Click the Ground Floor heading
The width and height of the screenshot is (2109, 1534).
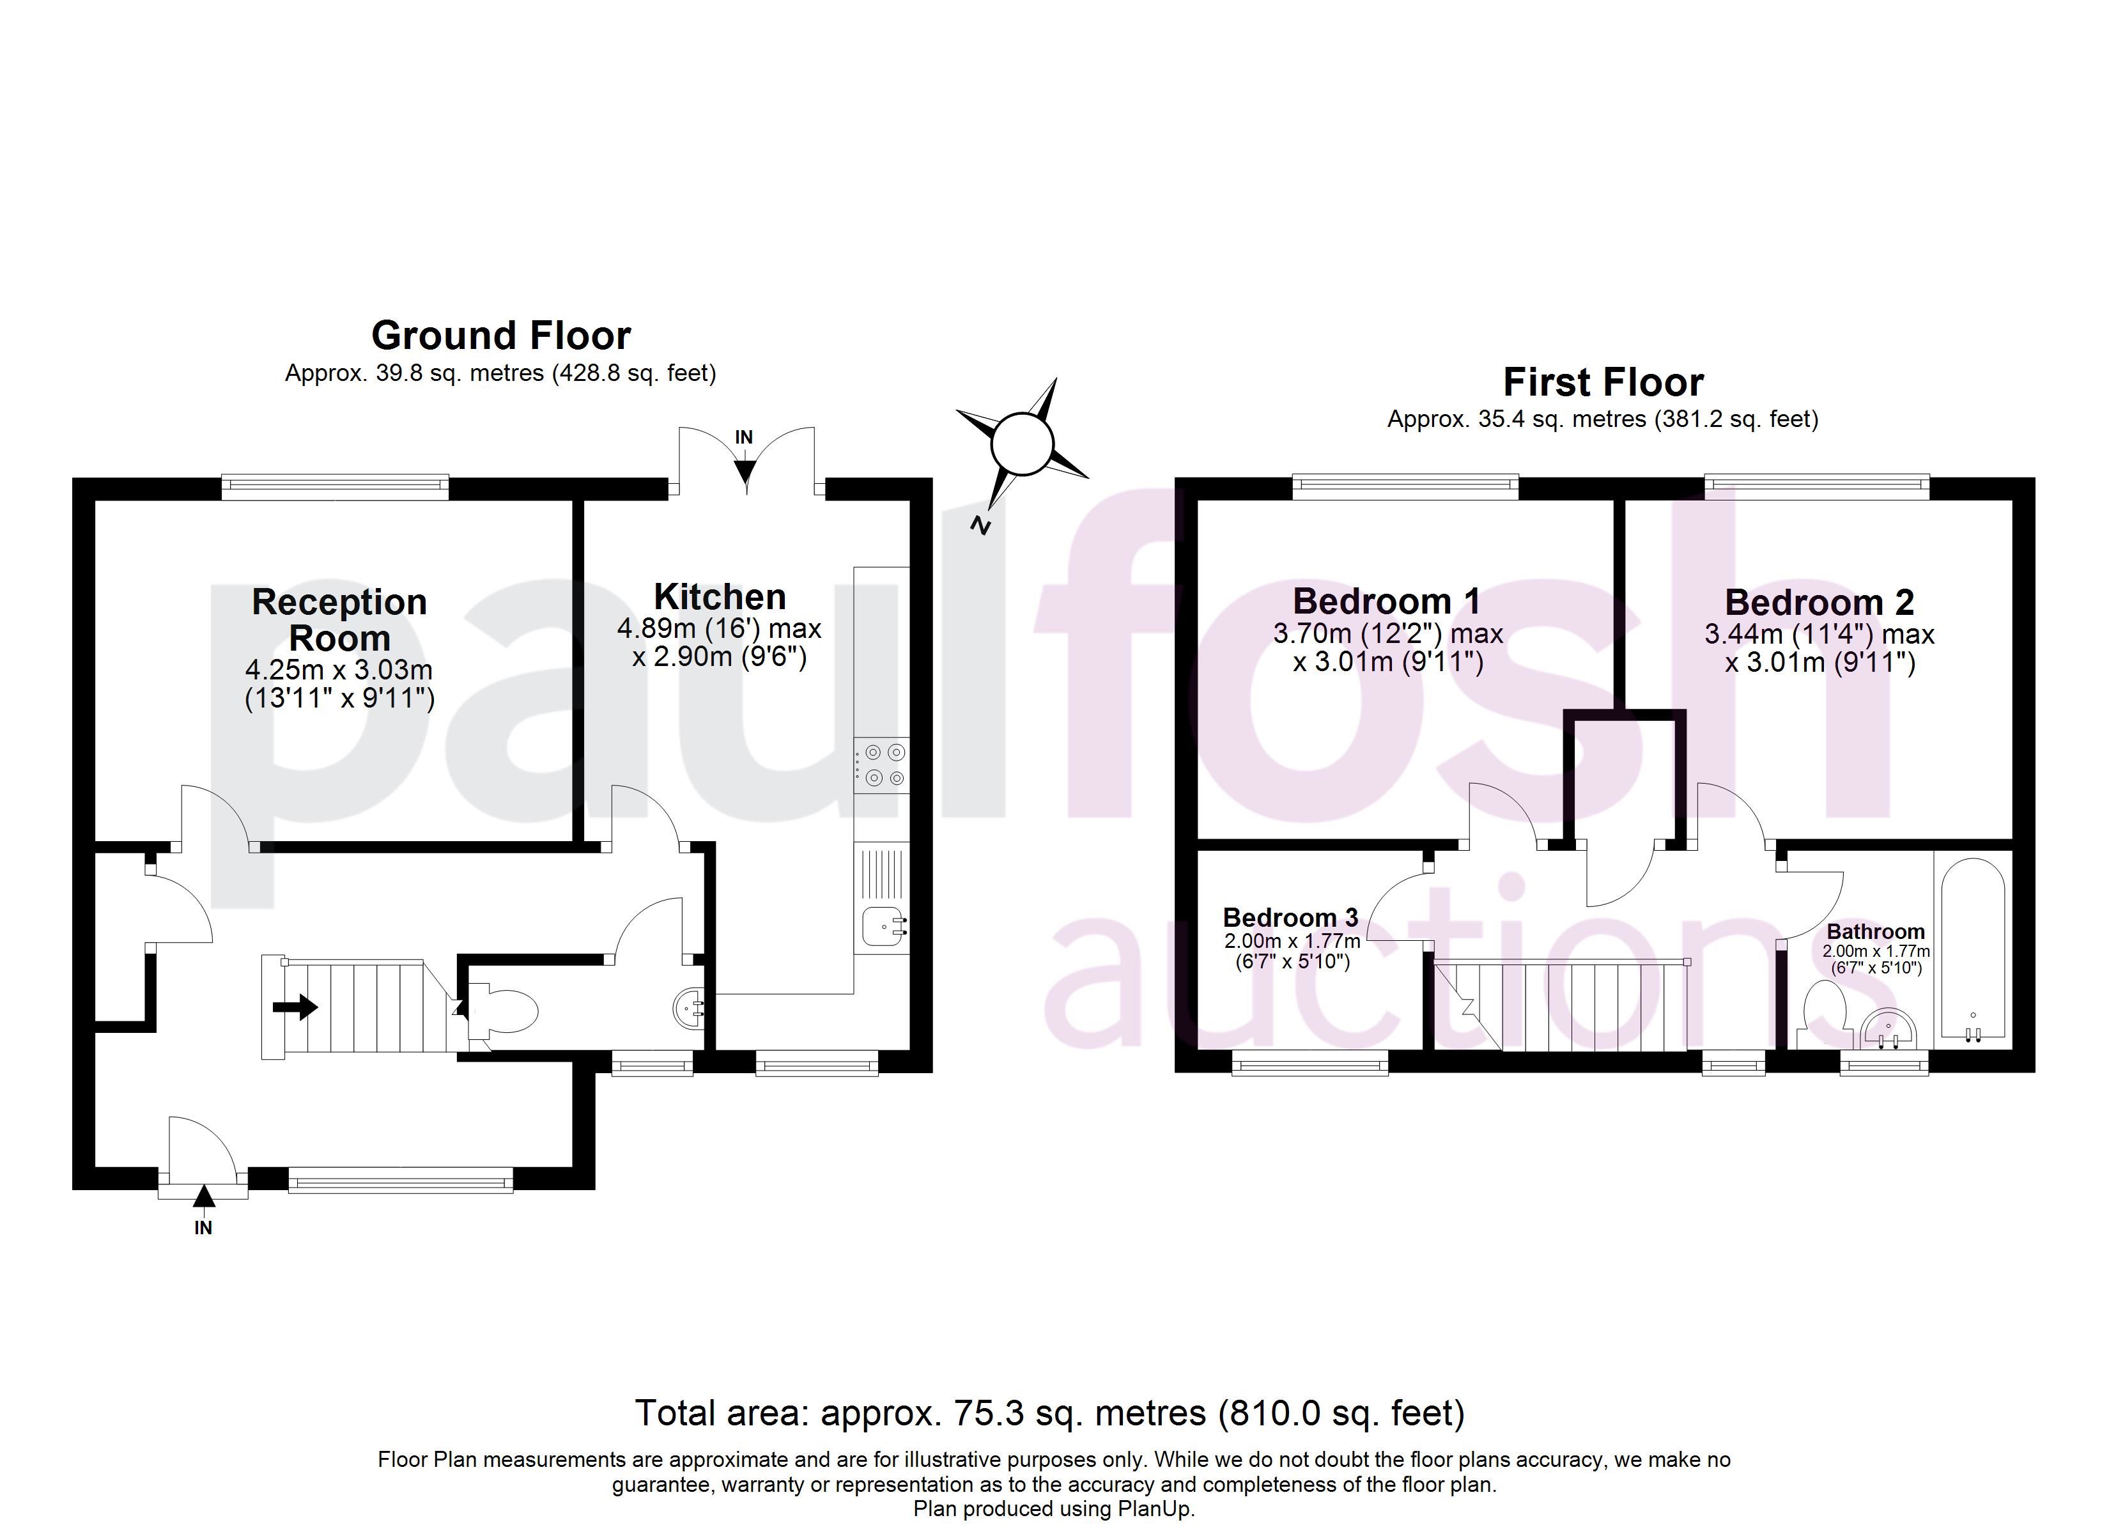point(500,335)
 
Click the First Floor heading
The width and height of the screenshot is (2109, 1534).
point(1603,382)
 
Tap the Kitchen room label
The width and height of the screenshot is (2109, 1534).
point(720,596)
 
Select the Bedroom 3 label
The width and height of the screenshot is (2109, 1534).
point(1291,917)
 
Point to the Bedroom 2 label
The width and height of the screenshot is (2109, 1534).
point(1819,603)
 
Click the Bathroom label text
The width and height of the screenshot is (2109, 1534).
point(1876,931)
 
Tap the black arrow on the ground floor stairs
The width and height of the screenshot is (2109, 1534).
point(296,1007)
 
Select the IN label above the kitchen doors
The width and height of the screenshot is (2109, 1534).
point(744,437)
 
